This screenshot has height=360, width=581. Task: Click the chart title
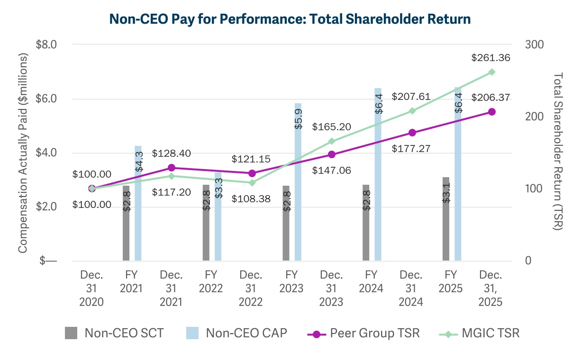290,19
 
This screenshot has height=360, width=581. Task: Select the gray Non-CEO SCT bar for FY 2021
126,223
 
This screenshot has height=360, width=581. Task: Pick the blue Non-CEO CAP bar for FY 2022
218,216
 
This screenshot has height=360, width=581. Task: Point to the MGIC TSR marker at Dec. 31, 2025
492,72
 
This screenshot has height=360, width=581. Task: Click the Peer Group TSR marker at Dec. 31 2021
172,168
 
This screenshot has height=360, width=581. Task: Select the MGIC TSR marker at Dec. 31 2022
252,183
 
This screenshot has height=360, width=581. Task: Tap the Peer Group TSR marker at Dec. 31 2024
412,133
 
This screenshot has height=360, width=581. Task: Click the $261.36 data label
491,58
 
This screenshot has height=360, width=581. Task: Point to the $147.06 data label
331,170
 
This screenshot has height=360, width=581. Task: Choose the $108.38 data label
251,199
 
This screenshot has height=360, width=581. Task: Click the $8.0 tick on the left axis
46,45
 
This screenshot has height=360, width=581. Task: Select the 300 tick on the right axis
535,45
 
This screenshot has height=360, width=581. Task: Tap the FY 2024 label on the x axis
371,281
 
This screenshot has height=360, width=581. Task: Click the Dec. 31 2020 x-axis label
91,288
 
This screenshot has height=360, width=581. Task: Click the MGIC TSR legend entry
481,333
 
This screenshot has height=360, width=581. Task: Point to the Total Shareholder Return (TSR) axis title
557,152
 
